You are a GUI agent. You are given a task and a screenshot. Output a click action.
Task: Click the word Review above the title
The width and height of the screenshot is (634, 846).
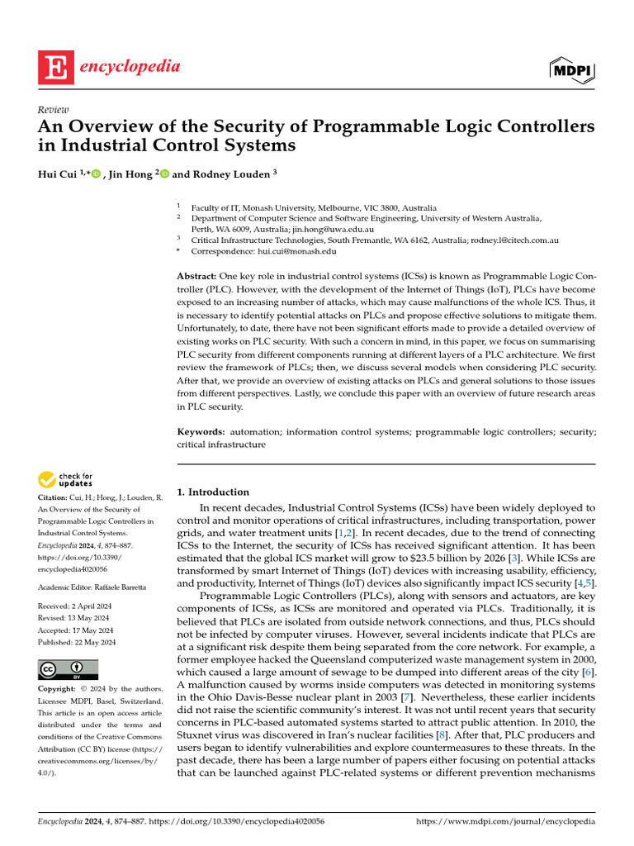54,110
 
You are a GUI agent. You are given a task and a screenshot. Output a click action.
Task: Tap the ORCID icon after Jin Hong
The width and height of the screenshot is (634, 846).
164,174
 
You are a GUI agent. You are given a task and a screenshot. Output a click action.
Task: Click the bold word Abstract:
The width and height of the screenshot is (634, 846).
197,274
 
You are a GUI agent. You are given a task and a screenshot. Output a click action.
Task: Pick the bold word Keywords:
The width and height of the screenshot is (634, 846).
201,432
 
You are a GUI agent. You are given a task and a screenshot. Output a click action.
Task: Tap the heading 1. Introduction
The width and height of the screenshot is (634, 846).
213,492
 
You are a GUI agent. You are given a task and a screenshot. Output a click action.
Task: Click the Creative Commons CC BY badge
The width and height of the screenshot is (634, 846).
69,669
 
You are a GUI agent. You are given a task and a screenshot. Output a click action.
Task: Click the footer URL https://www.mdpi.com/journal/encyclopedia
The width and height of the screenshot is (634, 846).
505,822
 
